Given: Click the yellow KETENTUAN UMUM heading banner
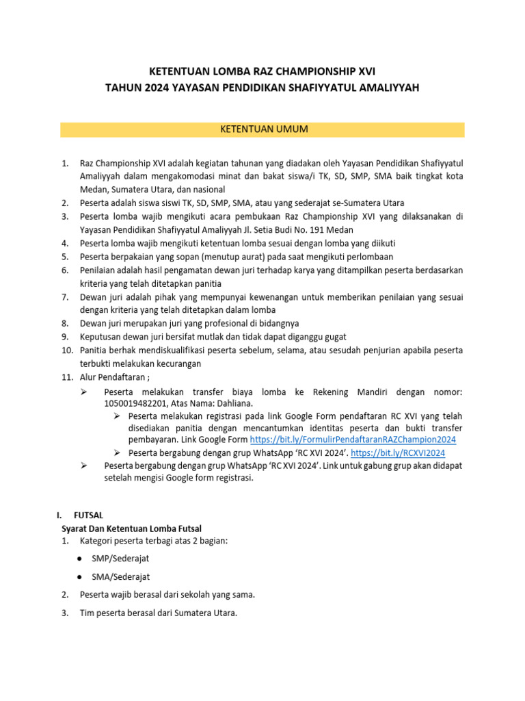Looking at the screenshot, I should pos(262,129).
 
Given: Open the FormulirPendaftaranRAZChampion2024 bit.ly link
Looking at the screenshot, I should pos(353,439).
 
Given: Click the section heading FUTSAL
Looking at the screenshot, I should pos(88,514).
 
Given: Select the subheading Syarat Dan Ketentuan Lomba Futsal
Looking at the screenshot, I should pos(131,527).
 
